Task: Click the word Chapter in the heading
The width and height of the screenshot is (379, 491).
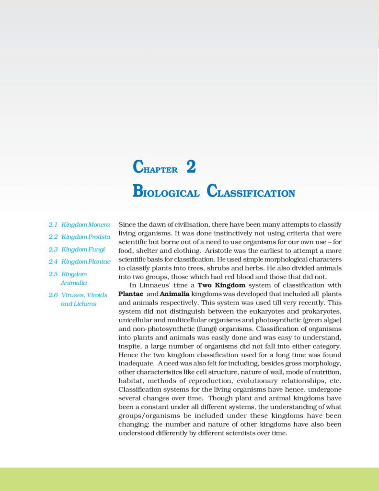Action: (155, 168)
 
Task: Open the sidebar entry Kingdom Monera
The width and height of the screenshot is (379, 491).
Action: (86, 224)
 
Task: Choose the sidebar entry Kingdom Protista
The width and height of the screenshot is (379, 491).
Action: (86, 237)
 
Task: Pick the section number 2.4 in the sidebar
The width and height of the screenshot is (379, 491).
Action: (53, 262)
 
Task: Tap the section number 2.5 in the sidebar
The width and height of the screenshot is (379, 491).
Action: (53, 274)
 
